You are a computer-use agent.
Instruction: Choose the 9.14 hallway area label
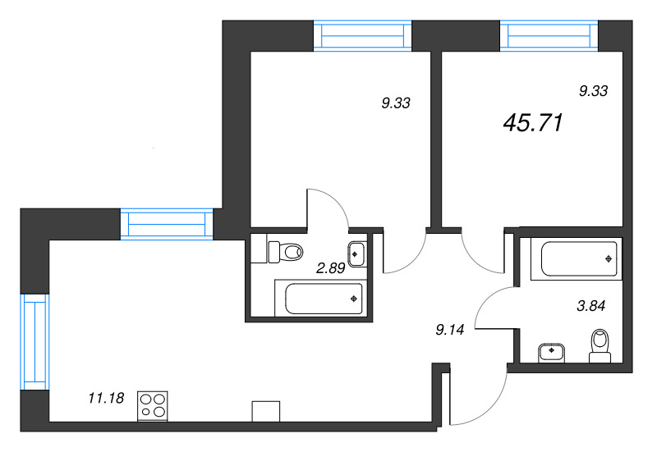(451, 331)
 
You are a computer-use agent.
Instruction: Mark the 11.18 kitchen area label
(105, 398)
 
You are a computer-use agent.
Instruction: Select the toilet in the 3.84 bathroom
(601, 345)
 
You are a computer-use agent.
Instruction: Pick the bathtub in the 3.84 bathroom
(574, 259)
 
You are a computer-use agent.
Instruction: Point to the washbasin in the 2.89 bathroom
(356, 253)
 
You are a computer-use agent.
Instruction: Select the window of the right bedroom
(549, 37)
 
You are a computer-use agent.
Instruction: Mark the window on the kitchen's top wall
(167, 223)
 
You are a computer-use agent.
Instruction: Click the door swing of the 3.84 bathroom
(493, 309)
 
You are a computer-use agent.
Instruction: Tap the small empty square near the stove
(266, 410)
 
